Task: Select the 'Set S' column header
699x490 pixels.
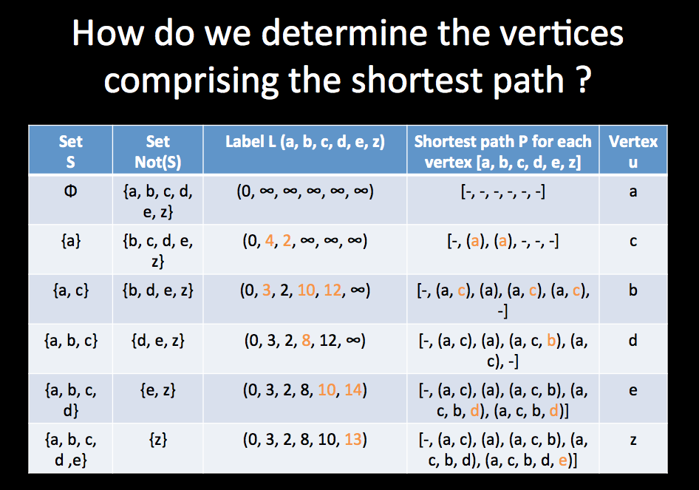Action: pyautogui.click(x=70, y=151)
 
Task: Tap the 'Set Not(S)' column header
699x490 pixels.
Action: pyautogui.click(x=157, y=151)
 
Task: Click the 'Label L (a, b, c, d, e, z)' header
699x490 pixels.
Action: pyautogui.click(x=304, y=142)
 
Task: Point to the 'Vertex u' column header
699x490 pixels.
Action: pyautogui.click(x=632, y=151)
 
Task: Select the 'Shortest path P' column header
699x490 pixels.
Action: pyautogui.click(x=502, y=151)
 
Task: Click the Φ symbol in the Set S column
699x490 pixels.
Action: pyautogui.click(x=70, y=191)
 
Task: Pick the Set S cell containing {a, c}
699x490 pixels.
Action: pyautogui.click(x=70, y=290)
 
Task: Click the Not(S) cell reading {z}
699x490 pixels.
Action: pyautogui.click(x=157, y=440)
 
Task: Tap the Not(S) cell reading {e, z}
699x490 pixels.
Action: pyautogui.click(x=157, y=389)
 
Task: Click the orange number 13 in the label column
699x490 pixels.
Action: pyautogui.click(x=354, y=440)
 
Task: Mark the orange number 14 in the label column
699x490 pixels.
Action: pyautogui.click(x=354, y=389)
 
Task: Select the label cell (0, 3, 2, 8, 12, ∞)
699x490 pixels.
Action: pyautogui.click(x=304, y=341)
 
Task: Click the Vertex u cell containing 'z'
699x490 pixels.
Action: pyautogui.click(x=632, y=440)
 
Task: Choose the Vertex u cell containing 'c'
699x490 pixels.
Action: pyautogui.click(x=632, y=241)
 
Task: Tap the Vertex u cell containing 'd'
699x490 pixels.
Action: pyautogui.click(x=632, y=341)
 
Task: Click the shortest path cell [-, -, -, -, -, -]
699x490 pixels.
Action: pyautogui.click(x=502, y=191)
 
